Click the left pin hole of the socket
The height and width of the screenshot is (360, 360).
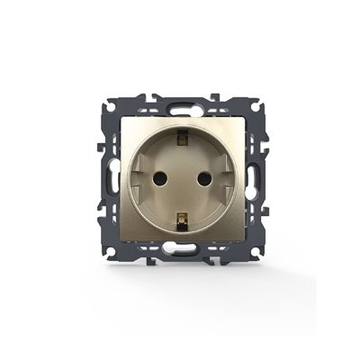[159, 174]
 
